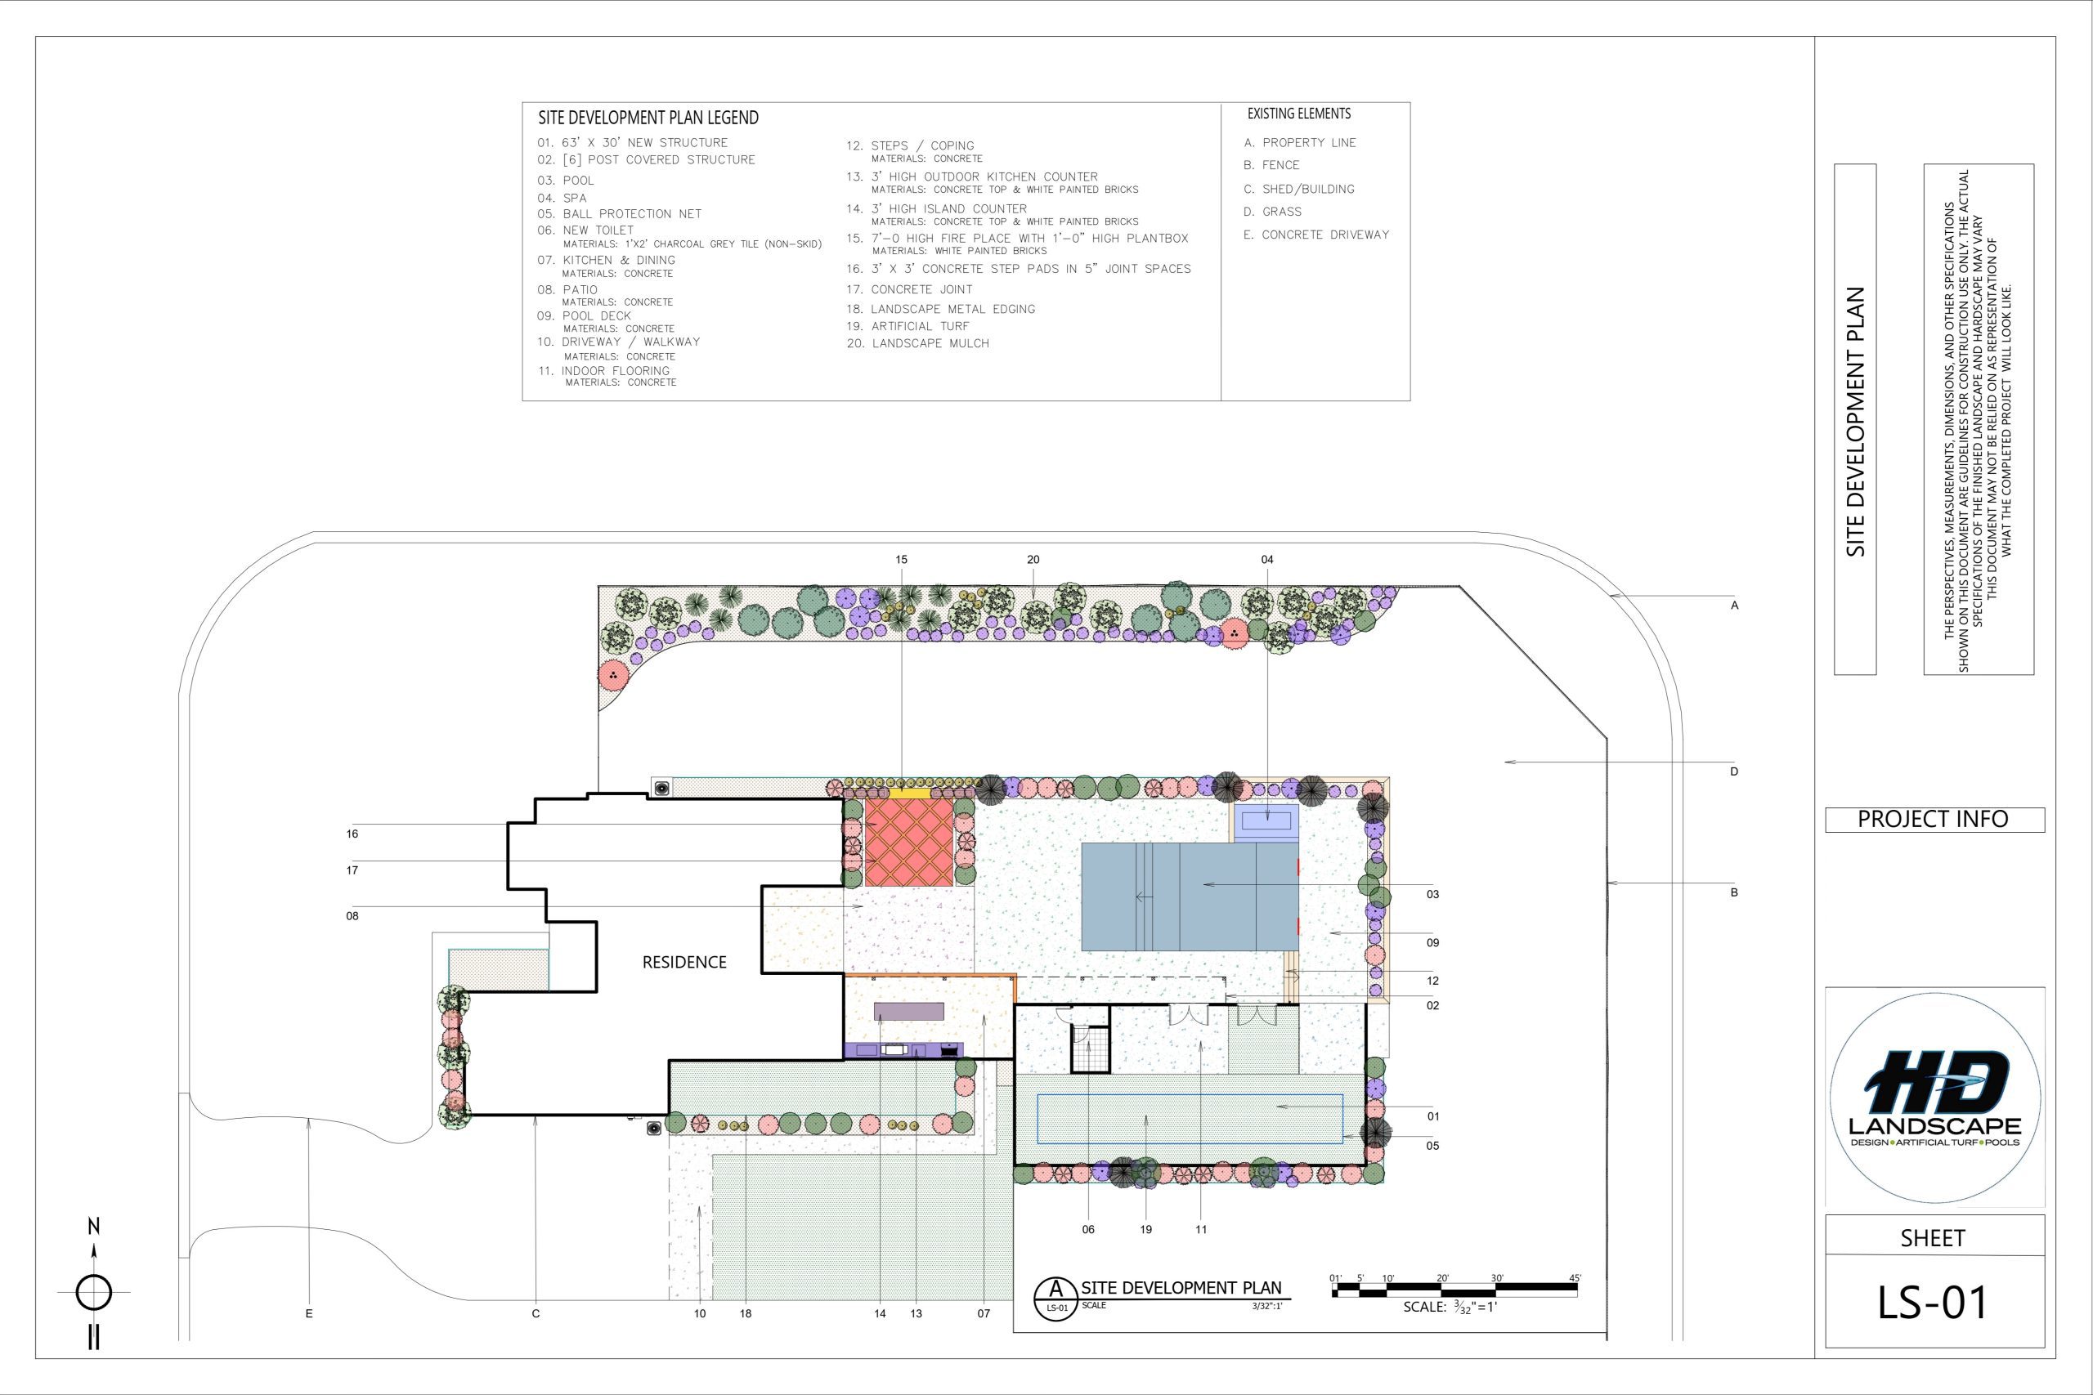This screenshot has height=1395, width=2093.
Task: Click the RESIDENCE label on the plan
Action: pyautogui.click(x=684, y=962)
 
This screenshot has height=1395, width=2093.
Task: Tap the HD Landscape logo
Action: pyautogui.click(x=1934, y=1098)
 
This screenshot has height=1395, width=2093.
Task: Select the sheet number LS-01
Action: pyautogui.click(x=1933, y=1303)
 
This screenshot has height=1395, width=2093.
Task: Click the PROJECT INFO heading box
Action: pyautogui.click(x=1934, y=820)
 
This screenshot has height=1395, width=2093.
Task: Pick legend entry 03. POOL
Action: pyautogui.click(x=566, y=181)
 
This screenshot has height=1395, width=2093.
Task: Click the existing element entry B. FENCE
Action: pyautogui.click(x=1271, y=165)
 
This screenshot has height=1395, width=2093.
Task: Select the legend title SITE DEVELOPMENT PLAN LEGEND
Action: pyautogui.click(x=648, y=118)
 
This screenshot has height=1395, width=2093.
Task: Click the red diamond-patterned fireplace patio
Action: pyautogui.click(x=908, y=842)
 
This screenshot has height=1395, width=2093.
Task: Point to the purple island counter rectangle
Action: pyautogui.click(x=908, y=1011)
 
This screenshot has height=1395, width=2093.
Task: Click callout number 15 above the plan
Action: pyautogui.click(x=902, y=560)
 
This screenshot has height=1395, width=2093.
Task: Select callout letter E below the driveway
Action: pyautogui.click(x=309, y=1313)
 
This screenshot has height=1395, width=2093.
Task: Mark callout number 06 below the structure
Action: pyautogui.click(x=1088, y=1230)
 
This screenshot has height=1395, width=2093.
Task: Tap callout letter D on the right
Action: pyautogui.click(x=1734, y=771)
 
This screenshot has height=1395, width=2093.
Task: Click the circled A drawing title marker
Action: pyautogui.click(x=1056, y=1298)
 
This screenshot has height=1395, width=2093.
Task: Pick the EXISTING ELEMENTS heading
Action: pyautogui.click(x=1299, y=114)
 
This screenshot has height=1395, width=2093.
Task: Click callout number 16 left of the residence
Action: pyautogui.click(x=352, y=834)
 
